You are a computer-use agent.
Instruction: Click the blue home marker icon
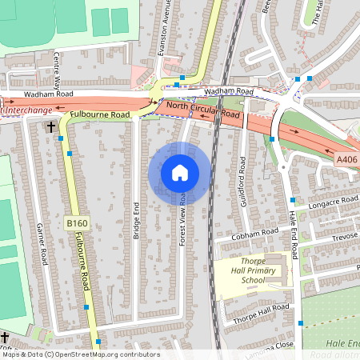point(179,173)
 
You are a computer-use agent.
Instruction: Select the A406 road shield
point(346,160)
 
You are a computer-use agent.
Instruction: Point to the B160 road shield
point(77,222)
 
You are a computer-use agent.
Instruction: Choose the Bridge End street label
point(136,218)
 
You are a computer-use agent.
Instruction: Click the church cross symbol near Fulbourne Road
point(50,126)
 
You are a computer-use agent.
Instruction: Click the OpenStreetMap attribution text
point(80,354)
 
